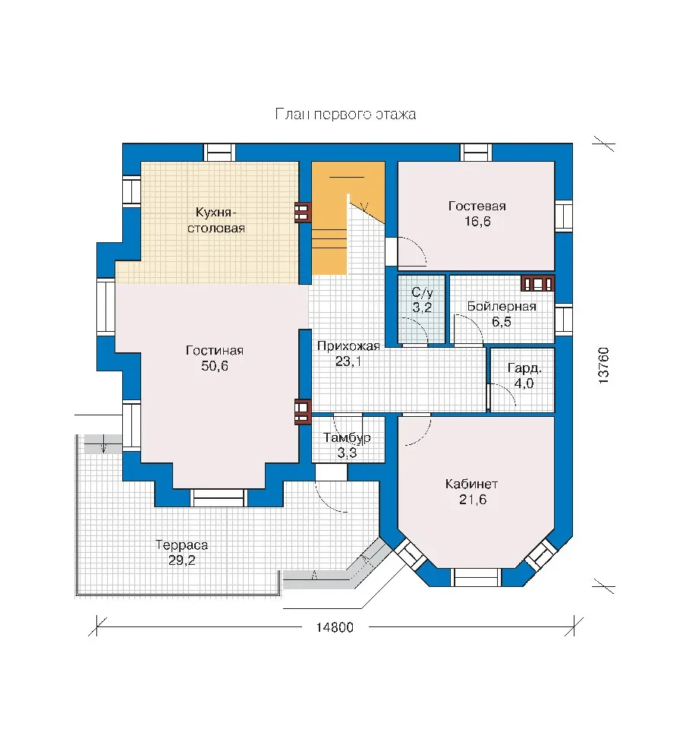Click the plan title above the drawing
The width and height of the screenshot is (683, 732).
coord(345,115)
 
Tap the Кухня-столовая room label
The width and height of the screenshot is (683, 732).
coord(216,220)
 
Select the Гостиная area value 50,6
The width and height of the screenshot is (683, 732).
coord(215,366)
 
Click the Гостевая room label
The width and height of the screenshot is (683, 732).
coord(477,206)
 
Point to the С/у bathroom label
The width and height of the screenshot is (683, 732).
coord(422,292)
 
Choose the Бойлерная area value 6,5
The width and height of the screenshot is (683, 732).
coord(502,322)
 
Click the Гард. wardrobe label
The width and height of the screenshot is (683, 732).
coord(524,368)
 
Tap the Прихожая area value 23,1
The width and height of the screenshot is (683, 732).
coord(348,361)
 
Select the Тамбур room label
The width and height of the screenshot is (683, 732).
coord(347,437)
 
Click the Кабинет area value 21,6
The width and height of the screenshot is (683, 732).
coord(473,500)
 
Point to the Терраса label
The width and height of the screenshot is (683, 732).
coord(181,544)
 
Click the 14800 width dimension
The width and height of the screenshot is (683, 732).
coord(335,627)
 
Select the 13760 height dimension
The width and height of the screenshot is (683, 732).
coord(603,365)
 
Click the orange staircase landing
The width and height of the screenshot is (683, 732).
coord(348,178)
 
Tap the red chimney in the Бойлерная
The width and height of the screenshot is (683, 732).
coord(537,284)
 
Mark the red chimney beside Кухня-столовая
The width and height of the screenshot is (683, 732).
coord(302,213)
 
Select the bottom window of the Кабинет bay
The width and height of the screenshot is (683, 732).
coord(477,577)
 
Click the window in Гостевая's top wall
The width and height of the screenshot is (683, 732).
coord(477,153)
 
